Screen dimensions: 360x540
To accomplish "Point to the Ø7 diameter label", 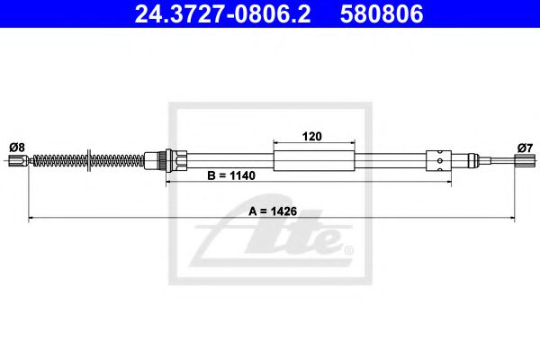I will pos(525,147).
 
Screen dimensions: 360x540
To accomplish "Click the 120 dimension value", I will pos(313,137).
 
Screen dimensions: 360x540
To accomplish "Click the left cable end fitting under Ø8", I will pos(16,162).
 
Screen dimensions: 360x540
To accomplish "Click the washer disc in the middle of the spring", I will pos(88,162).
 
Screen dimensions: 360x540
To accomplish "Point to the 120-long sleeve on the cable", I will pos(313,162).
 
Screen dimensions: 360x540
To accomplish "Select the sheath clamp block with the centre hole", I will pos(437,162).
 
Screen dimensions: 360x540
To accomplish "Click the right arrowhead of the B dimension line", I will pos(445,184).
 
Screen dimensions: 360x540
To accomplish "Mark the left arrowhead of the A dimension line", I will pos(33,218).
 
